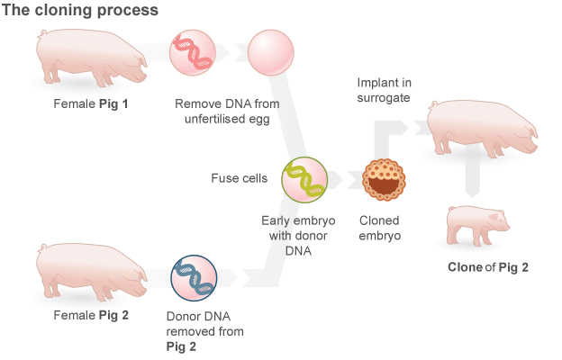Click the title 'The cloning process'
click(x=81, y=11)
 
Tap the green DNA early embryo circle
click(x=304, y=179)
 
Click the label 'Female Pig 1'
click(x=91, y=104)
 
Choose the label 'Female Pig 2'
click(x=91, y=315)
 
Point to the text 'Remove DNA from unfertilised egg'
click(x=228, y=112)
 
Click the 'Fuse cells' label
click(x=239, y=178)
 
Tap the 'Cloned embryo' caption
click(x=380, y=228)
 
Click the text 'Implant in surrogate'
click(x=383, y=90)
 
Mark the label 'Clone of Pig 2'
click(x=487, y=267)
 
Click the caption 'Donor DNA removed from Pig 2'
click(x=204, y=330)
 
